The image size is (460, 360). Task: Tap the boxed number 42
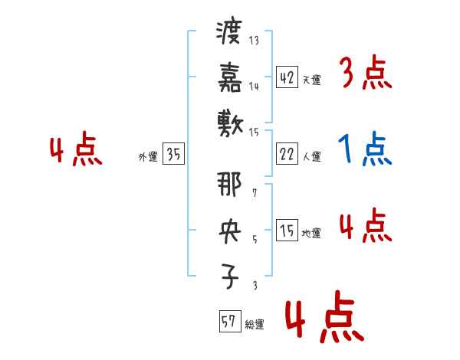pos(286,77)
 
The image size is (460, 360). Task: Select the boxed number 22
pos(286,154)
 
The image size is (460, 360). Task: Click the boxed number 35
pos(173,155)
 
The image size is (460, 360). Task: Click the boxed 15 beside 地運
pos(286,231)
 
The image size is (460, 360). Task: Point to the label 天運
pos(311,80)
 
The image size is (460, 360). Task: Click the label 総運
pos(255,324)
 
